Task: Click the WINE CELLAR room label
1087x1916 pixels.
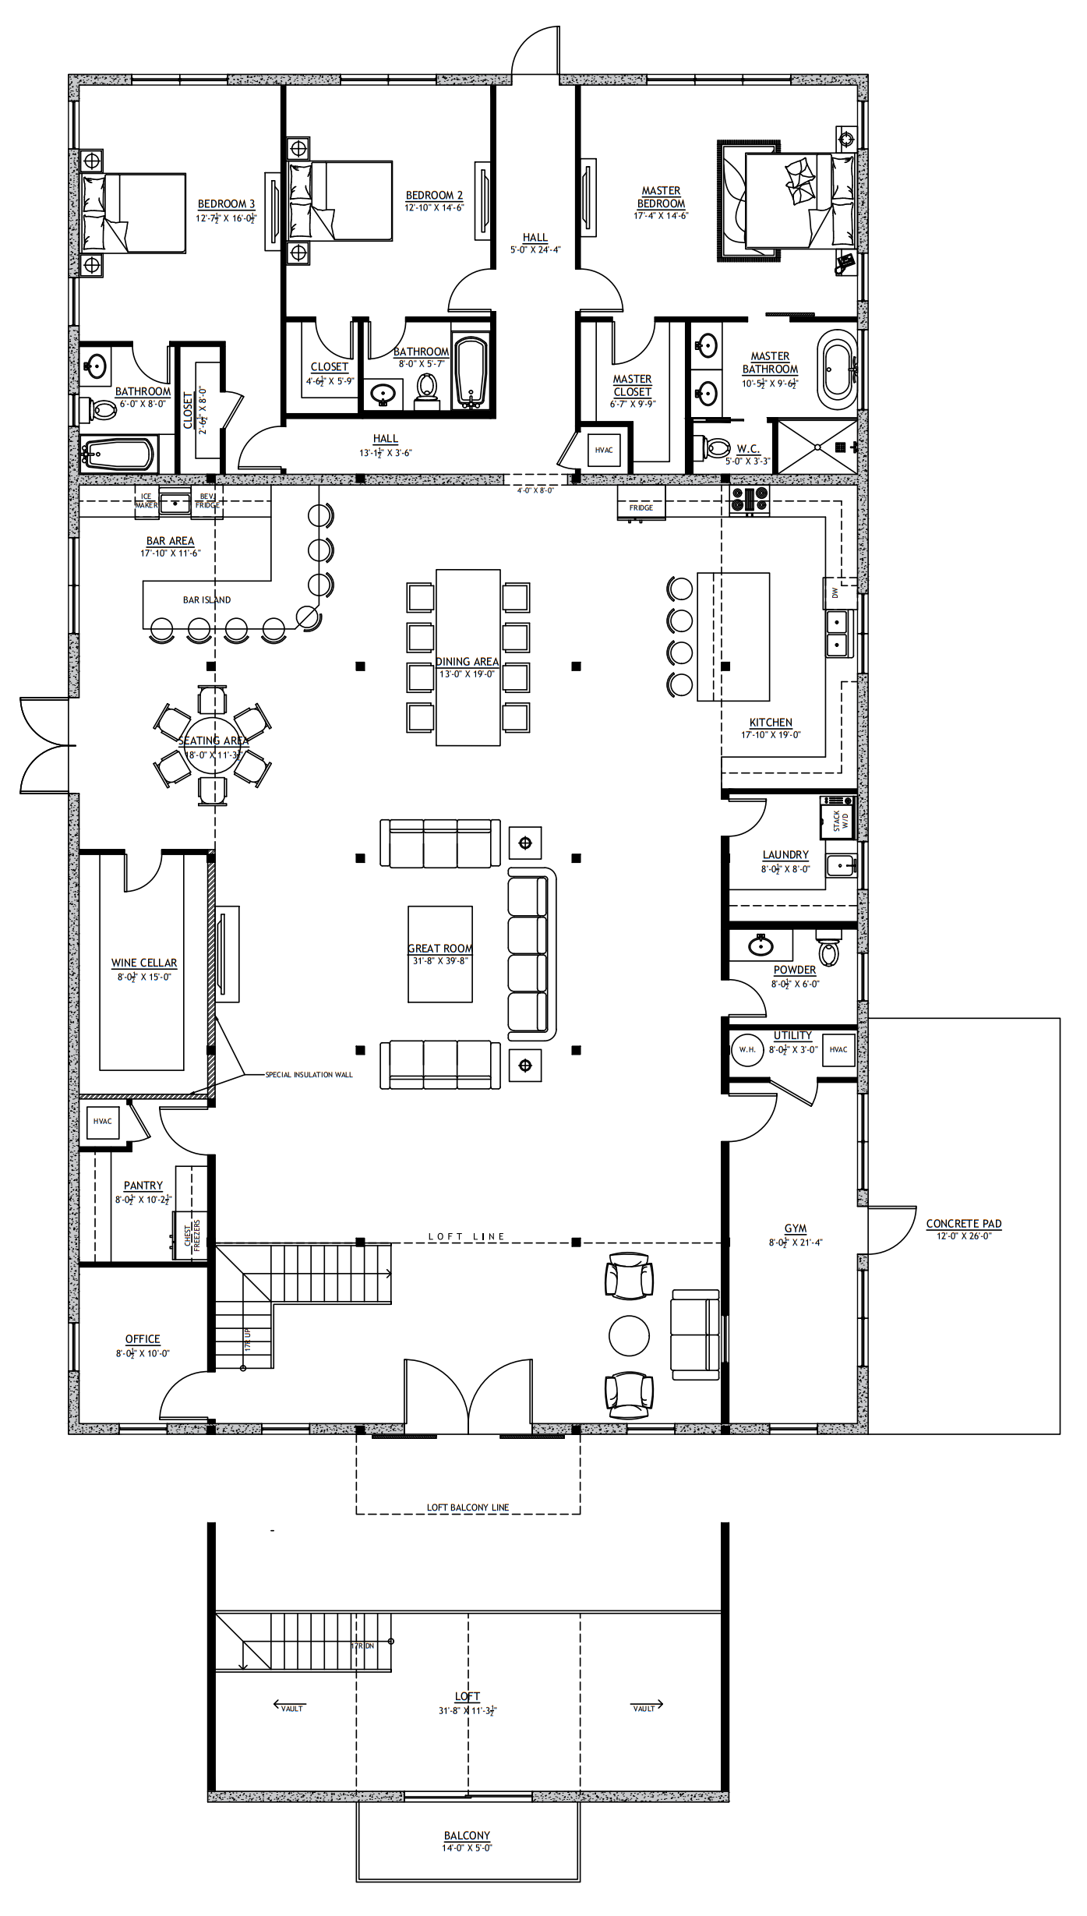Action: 144,963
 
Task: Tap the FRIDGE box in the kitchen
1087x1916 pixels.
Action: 641,504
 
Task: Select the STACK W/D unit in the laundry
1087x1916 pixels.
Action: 838,818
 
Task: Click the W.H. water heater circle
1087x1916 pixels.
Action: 747,1049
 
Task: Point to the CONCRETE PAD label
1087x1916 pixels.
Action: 964,1224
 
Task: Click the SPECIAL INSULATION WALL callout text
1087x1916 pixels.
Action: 309,1075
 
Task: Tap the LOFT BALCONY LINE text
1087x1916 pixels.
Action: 468,1508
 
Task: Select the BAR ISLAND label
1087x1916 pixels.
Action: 206,600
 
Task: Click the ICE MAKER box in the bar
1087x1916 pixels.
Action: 146,500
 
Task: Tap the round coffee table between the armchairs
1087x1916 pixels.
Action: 629,1336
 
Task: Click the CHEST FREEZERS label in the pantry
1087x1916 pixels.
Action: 192,1236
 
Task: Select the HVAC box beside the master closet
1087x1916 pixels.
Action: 604,450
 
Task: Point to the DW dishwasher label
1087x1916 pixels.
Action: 835,593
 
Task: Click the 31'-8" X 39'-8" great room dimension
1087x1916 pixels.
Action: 440,961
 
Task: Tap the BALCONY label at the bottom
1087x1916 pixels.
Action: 467,1835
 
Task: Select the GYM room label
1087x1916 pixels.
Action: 796,1228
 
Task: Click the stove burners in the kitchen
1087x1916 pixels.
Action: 750,499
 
